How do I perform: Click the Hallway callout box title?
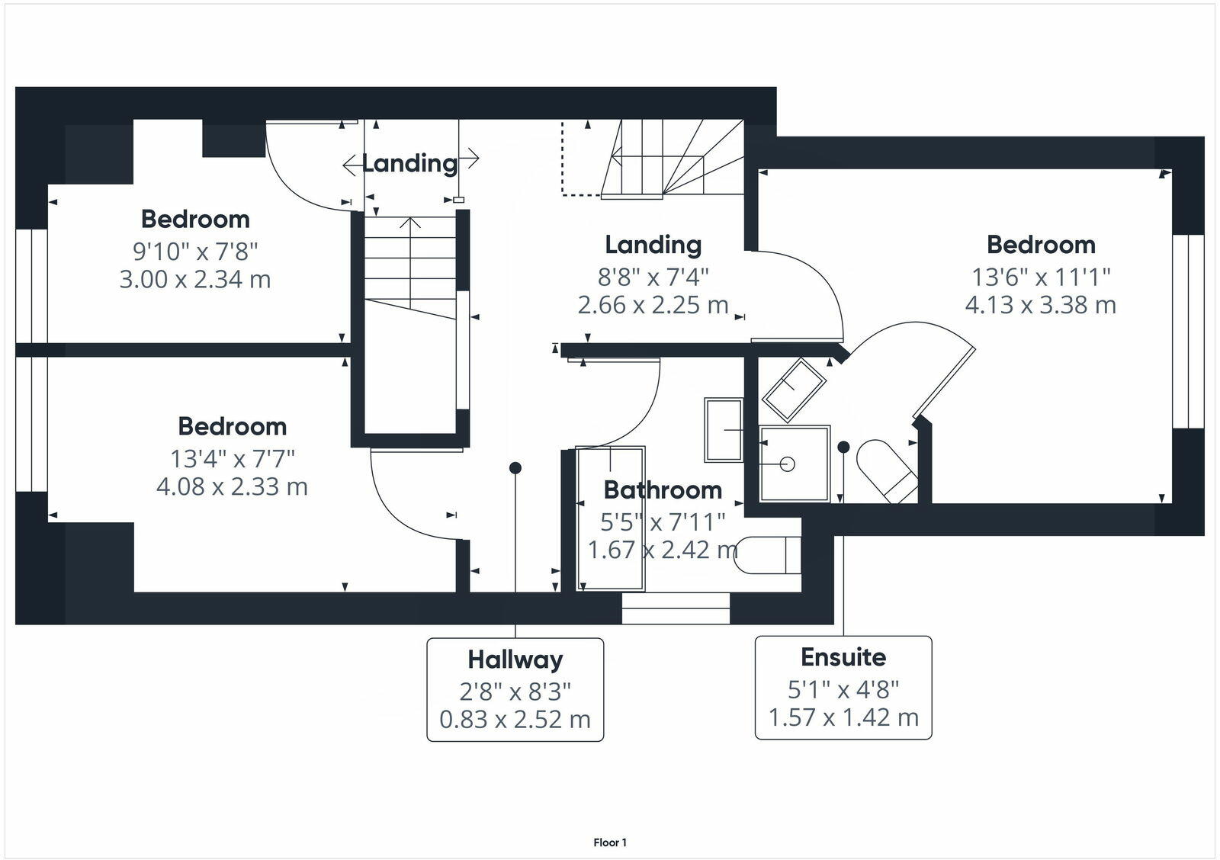click(515, 659)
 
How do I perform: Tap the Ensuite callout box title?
click(843, 657)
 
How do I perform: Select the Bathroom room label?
click(662, 489)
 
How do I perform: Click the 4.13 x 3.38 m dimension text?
click(1040, 305)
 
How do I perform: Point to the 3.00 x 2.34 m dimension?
click(195, 279)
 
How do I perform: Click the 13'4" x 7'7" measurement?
click(232, 459)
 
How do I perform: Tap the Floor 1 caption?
click(610, 842)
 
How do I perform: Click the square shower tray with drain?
click(794, 464)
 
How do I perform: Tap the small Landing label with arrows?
click(410, 162)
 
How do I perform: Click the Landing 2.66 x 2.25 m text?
click(653, 305)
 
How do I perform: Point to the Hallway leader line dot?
click(515, 467)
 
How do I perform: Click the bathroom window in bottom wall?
click(676, 608)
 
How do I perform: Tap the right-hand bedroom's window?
click(1187, 332)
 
